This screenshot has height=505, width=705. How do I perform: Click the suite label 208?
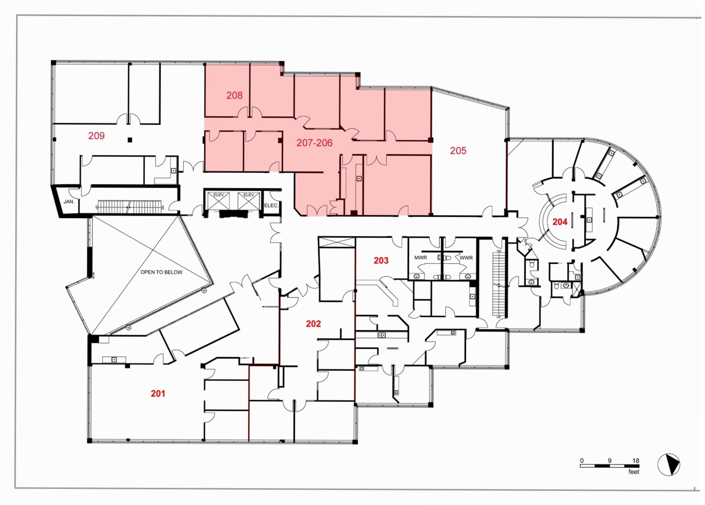click(x=234, y=95)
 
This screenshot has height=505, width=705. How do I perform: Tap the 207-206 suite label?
click(x=314, y=143)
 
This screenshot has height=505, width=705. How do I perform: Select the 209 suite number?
click(x=96, y=135)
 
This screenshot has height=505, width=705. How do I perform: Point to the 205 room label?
click(x=458, y=151)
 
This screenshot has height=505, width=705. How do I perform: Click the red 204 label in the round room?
click(x=560, y=222)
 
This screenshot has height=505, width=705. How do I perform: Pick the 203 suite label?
click(x=381, y=260)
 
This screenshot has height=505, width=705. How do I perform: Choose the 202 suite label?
click(x=313, y=323)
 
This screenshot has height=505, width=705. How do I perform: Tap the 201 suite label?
click(x=158, y=393)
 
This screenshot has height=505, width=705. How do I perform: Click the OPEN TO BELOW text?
click(x=161, y=272)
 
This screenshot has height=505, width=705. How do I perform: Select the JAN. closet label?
click(x=69, y=202)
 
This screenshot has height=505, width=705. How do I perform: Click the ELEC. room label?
click(x=271, y=205)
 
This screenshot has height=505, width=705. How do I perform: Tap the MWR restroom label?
click(x=421, y=258)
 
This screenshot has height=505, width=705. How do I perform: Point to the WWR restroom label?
click(x=466, y=258)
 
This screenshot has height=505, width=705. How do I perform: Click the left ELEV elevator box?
click(x=219, y=200)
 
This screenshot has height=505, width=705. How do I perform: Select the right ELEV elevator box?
click(x=248, y=200)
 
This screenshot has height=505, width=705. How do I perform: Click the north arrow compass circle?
click(x=668, y=464)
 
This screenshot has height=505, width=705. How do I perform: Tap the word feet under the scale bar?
click(x=634, y=472)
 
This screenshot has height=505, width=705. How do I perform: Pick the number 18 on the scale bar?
click(x=635, y=460)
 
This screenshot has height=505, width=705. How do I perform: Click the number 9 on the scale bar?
click(x=609, y=460)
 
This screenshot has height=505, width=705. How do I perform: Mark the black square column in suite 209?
click(x=130, y=140)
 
